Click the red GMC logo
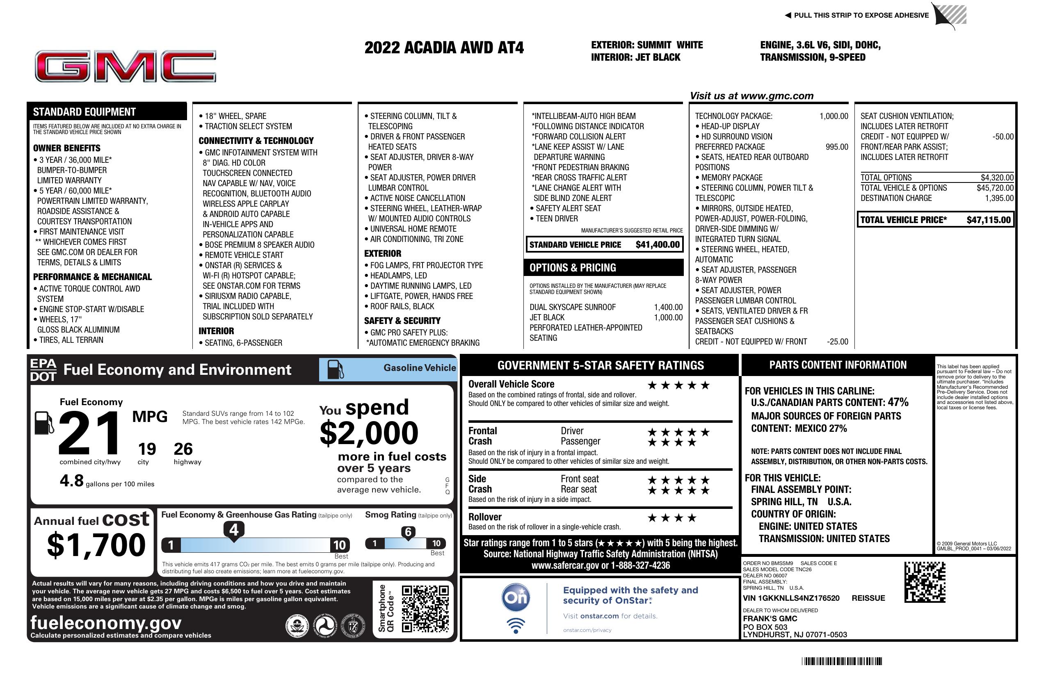pos(125,66)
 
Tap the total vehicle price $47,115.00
pos(989,220)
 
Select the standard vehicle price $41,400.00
pos(658,245)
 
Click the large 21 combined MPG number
pos(89,433)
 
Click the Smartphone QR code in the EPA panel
pos(425,609)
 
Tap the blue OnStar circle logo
pos(516,597)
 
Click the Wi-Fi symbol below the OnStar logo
pos(516,626)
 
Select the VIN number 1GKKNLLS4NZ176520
pos(791,598)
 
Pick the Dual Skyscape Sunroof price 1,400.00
pos(668,307)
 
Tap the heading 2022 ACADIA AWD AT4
pos(444,48)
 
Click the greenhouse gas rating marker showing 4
pos(234,530)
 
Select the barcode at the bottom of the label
pos(842,661)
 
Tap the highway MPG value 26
pos(183,449)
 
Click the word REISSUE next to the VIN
pos(868,598)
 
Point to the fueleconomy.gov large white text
pos(106,622)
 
